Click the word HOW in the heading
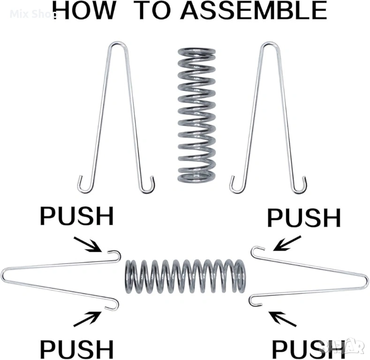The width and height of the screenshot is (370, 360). (x=85, y=10)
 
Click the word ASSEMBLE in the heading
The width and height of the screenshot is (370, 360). (x=253, y=10)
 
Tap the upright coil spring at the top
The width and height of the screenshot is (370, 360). (x=196, y=115)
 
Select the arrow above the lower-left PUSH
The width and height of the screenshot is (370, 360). (x=89, y=320)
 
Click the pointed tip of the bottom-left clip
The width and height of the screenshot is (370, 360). (x=4, y=276)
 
